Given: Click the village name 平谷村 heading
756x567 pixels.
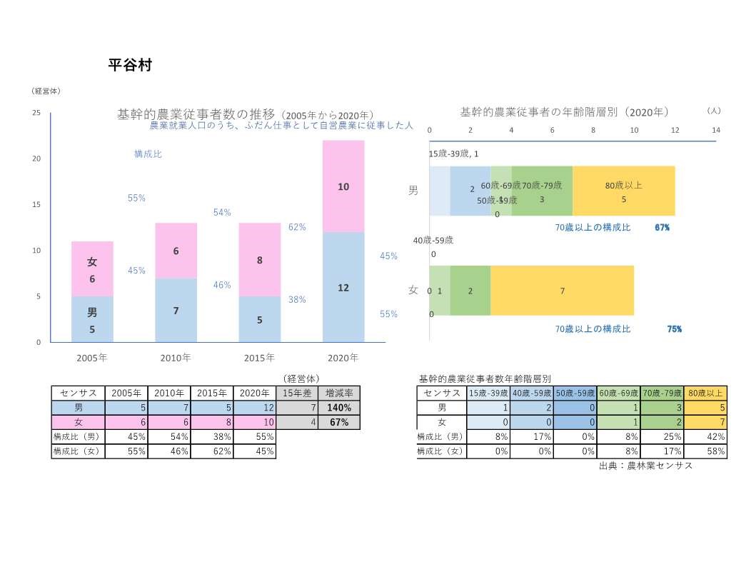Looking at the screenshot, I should pos(129,65).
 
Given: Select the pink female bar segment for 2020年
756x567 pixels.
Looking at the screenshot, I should pos(343,186).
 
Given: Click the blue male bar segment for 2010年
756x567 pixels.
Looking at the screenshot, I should pos(176,310).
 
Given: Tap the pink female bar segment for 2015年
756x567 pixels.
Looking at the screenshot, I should pos(260,260).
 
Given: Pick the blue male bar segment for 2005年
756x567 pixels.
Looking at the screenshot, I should pos(92,319).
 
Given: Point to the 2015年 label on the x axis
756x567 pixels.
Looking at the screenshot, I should pos(260,357).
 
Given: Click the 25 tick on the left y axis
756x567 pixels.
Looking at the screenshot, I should pos(36,113).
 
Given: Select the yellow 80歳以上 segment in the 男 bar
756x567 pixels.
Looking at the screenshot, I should pos(623,191).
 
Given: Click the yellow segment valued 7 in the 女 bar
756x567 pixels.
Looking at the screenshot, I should pos(562,291).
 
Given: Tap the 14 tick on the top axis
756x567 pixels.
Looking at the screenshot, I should pos(716,130).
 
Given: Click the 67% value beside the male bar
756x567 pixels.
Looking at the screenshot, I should pos(662,227).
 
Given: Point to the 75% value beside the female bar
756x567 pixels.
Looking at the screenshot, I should pos(674,329).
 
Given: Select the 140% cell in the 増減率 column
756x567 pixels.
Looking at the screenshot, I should pos(339,408).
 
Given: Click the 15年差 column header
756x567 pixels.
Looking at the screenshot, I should pos(296,393).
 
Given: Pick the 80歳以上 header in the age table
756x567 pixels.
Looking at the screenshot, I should pos(705,393).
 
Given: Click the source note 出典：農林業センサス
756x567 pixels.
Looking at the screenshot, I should pos(646,466).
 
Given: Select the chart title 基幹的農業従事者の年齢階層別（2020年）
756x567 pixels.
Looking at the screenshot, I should pos(564,112).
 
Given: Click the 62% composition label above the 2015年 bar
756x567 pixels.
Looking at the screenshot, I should pos(297,227).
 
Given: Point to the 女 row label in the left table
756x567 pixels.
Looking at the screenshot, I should pos(79,422).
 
